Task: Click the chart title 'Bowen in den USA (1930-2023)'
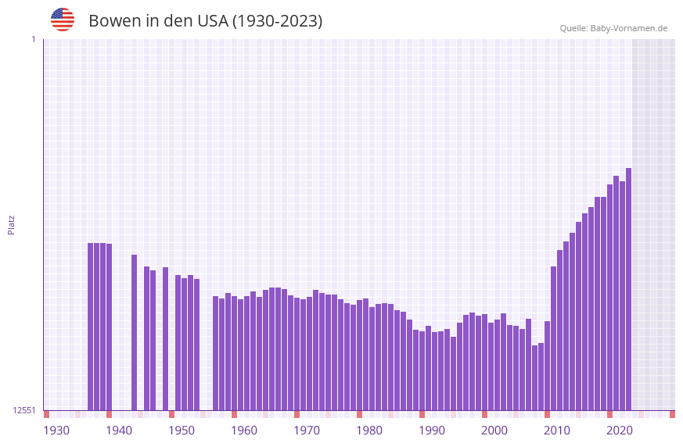pos(205,21)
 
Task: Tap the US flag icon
pos(63,20)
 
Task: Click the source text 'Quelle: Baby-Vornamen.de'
pos(613,28)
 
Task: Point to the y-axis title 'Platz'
pos(11,224)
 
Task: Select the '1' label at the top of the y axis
pos(33,39)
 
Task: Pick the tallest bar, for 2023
pos(628,289)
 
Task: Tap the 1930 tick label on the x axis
pos(56,430)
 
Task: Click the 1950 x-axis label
pos(182,430)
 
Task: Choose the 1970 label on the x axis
pos(307,430)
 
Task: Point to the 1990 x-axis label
pos(432,430)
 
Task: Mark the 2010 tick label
pos(557,430)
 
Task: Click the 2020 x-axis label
pos(620,430)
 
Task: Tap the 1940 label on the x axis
pos(119,430)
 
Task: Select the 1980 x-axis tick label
pos(369,430)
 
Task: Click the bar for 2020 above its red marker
pos(609,297)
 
